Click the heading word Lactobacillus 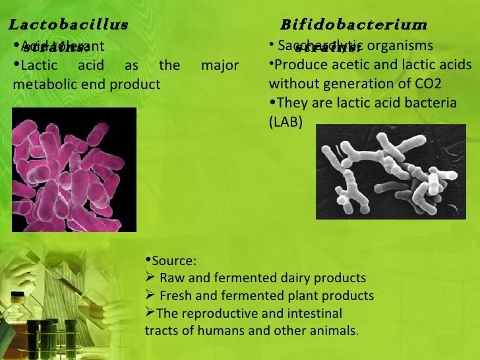coord(67,25)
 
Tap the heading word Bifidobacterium coord(353,25)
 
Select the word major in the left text coord(220,66)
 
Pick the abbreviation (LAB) coord(285,122)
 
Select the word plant coord(304,295)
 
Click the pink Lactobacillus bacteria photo coord(75,169)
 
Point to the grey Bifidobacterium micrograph coord(391,172)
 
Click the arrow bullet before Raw coord(150,278)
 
